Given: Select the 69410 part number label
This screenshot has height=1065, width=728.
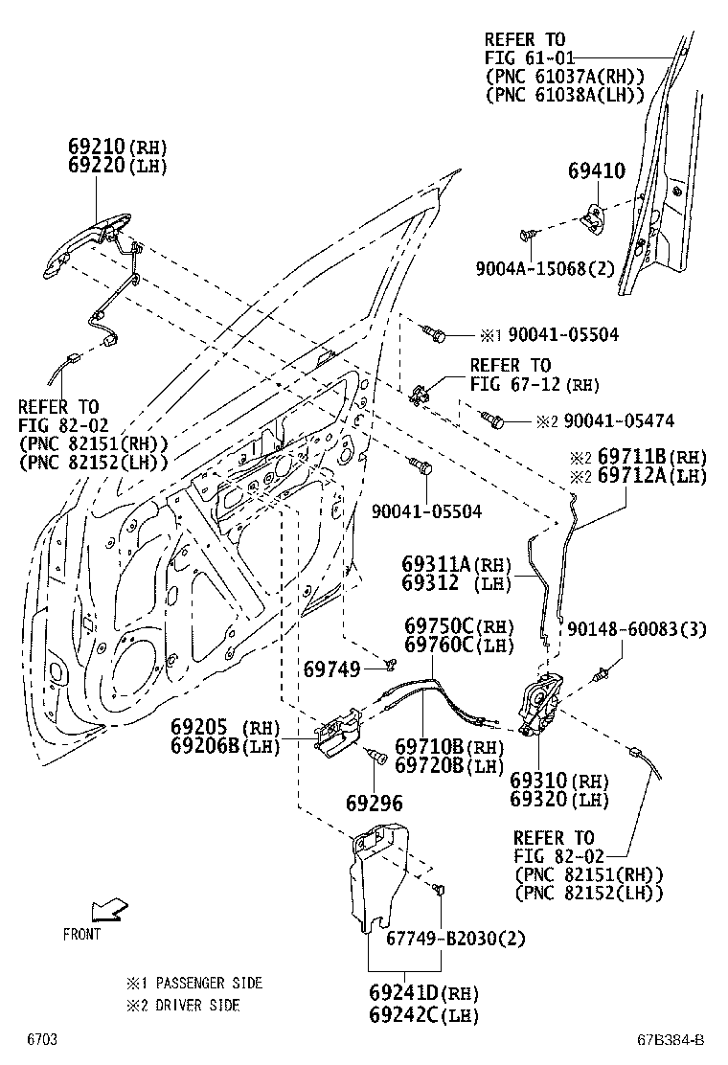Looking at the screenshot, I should (595, 171).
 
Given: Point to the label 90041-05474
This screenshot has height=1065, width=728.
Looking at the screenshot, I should (618, 420).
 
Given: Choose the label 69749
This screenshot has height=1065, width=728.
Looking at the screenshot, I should (332, 665).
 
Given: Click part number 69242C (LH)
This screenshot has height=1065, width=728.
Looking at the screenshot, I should (422, 1015).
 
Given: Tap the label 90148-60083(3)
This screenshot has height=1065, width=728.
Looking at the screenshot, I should (636, 629).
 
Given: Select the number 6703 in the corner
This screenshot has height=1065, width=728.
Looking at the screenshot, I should (41, 1040).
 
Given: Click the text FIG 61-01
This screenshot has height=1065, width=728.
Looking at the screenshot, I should (526, 57).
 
